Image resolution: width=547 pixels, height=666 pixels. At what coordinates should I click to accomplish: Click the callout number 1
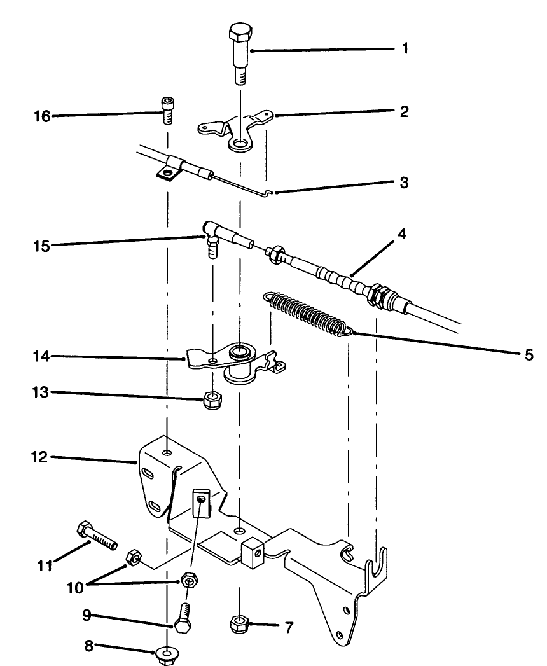coord(405,49)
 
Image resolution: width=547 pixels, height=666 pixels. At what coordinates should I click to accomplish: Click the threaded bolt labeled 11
coord(97,536)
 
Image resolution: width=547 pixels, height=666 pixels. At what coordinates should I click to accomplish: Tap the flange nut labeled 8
coord(166,655)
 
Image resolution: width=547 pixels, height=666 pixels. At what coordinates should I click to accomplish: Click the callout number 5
coord(529,354)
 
